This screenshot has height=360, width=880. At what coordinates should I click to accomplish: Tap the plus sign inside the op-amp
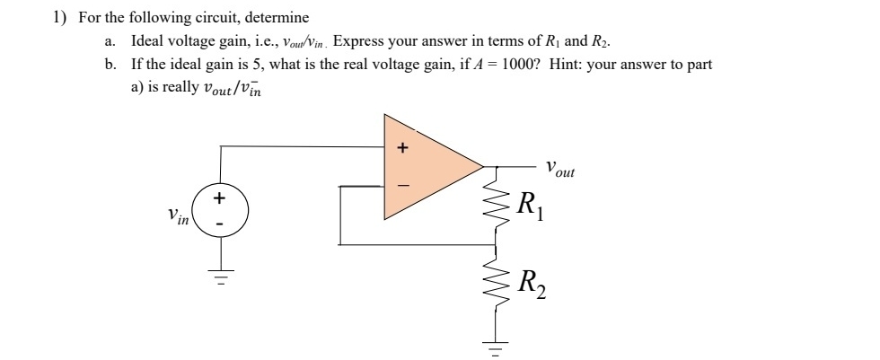(401, 147)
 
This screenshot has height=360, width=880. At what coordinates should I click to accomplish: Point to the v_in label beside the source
(178, 215)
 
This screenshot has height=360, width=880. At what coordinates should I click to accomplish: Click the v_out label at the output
(560, 168)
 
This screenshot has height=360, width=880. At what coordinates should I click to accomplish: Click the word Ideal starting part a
(148, 41)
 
